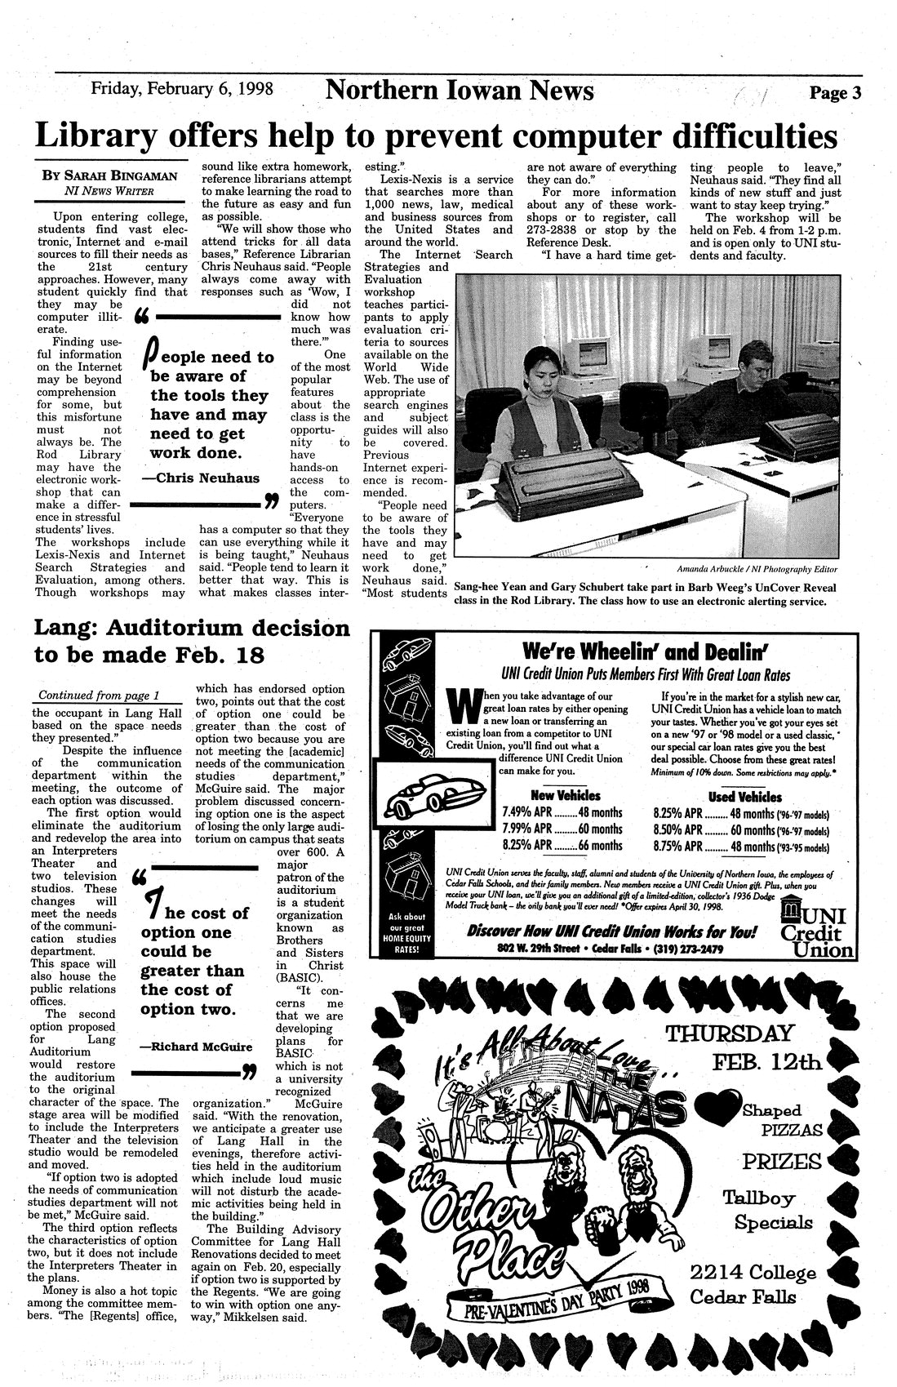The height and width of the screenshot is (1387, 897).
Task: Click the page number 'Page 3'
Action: (x=835, y=92)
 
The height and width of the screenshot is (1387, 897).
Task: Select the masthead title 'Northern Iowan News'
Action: (x=460, y=90)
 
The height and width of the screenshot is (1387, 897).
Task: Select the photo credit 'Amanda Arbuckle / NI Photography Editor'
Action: (x=757, y=569)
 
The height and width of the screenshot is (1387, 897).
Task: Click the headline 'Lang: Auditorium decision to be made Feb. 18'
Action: (x=192, y=642)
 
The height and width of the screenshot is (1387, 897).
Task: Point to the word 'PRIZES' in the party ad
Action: (x=781, y=1161)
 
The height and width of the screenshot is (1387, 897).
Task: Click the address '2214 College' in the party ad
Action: (x=752, y=1274)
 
